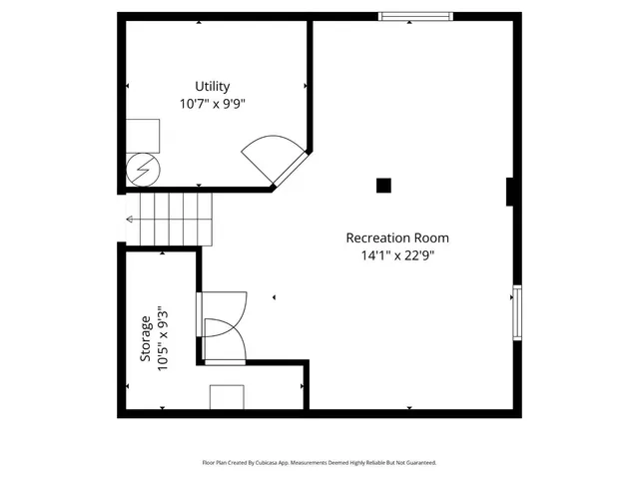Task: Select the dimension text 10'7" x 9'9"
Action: [x=213, y=102]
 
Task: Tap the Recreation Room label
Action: [x=396, y=238]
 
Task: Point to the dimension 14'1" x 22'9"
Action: [x=396, y=255]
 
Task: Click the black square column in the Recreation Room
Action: [x=382, y=185]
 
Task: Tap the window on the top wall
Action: [x=415, y=16]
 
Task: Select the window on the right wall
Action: [x=516, y=312]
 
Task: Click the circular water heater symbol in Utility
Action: [x=141, y=170]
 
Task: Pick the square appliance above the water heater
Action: [x=142, y=136]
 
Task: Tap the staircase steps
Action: [x=176, y=220]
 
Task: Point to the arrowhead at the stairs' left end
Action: [x=130, y=220]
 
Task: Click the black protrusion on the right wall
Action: [x=511, y=192]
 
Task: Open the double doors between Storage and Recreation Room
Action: [x=224, y=326]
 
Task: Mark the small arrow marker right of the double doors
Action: [x=273, y=297]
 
